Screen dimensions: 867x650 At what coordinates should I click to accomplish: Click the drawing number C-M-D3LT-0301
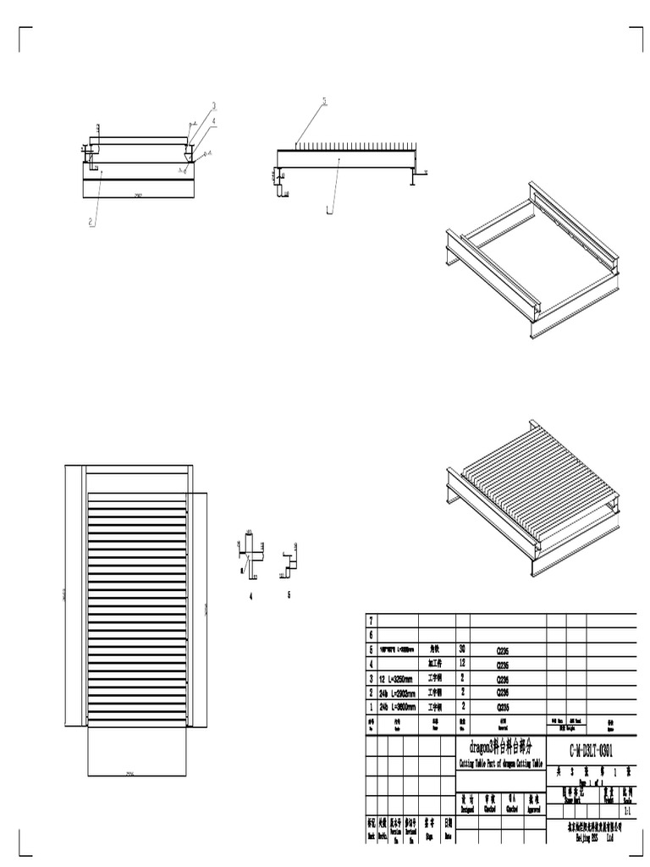[x=583, y=751]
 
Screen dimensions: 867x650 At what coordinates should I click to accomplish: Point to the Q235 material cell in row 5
[x=503, y=651]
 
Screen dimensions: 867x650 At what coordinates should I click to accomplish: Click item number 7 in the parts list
[x=370, y=621]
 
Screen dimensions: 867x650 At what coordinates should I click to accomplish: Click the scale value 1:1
[x=626, y=811]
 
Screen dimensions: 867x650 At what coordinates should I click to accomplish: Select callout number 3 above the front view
[x=214, y=107]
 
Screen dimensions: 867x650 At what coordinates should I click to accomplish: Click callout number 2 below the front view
[x=91, y=223]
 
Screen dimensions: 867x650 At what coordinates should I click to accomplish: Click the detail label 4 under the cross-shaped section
[x=250, y=596]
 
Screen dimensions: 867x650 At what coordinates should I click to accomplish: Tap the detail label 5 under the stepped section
[x=289, y=595]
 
